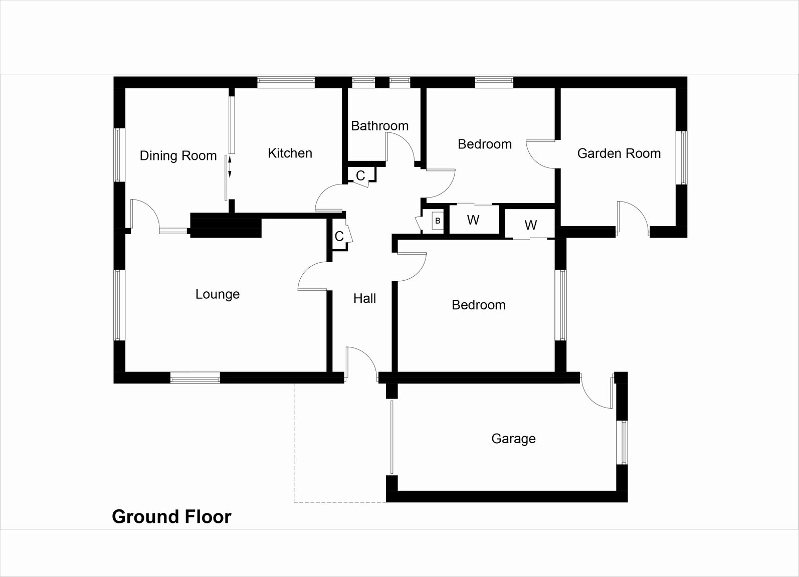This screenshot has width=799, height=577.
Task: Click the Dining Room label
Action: (178, 156)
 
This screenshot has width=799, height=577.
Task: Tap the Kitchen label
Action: (290, 153)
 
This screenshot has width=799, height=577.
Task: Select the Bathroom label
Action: (379, 125)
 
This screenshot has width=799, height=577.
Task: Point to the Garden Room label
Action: (619, 153)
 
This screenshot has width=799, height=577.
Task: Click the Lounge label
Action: (218, 294)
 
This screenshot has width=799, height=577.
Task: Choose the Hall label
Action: (364, 298)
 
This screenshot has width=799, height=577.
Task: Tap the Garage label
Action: (513, 439)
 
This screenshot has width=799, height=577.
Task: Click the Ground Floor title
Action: (171, 516)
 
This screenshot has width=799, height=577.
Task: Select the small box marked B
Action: (438, 221)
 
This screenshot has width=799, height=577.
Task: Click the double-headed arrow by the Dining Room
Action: (230, 167)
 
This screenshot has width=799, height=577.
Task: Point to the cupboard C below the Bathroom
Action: (360, 175)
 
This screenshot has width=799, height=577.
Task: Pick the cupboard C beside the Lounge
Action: (339, 236)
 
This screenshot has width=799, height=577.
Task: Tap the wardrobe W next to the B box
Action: (473, 220)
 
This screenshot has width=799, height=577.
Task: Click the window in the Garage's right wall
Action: (623, 442)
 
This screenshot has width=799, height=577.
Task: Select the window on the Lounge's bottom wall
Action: (195, 378)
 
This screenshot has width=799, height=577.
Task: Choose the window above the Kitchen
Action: (286, 82)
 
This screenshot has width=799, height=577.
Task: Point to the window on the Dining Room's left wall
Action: (118, 155)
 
